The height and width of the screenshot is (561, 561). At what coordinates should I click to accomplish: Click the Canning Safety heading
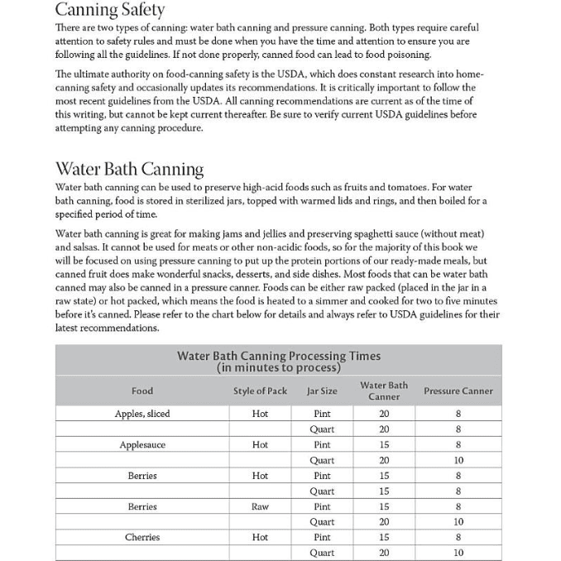(x=109, y=11)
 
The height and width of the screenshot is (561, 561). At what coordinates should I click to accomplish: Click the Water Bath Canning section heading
(x=129, y=169)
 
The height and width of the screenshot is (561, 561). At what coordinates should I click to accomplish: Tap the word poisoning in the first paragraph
(x=406, y=54)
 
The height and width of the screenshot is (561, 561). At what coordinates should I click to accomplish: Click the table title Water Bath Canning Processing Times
(x=278, y=356)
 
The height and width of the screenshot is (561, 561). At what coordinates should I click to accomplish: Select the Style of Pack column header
(x=260, y=391)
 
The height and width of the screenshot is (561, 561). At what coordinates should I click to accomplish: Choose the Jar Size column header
(x=322, y=391)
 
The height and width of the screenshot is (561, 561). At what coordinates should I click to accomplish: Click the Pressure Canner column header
(x=458, y=391)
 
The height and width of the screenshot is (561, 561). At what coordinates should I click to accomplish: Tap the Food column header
(x=142, y=391)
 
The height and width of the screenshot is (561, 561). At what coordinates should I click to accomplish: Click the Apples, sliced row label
(x=142, y=414)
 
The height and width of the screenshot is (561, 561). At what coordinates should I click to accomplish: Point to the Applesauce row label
(x=142, y=444)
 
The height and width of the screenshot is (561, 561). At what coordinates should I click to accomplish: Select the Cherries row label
(x=142, y=537)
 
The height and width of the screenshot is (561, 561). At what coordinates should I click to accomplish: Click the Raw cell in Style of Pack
(x=260, y=506)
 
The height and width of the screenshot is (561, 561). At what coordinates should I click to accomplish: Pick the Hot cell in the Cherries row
(x=260, y=537)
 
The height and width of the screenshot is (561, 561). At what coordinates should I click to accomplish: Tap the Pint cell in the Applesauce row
(x=322, y=444)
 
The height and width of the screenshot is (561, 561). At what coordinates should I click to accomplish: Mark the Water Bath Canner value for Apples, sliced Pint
(x=384, y=414)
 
